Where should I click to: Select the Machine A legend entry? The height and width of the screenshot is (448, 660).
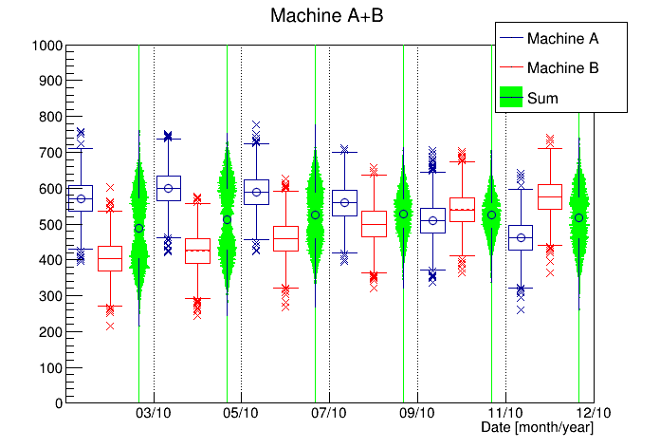tap(561, 39)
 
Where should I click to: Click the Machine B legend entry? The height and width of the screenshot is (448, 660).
tap(561, 68)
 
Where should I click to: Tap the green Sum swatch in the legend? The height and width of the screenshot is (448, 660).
tap(512, 97)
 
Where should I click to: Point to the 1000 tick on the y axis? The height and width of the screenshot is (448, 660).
tap(47, 46)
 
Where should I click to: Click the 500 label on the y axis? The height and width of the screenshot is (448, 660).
tap(51, 224)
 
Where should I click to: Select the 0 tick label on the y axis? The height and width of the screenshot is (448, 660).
tap(58, 403)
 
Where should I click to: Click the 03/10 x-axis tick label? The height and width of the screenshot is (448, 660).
tap(154, 414)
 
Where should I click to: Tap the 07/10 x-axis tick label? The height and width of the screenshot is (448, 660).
tap(329, 414)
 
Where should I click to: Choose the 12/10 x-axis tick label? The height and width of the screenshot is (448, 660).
tap(593, 414)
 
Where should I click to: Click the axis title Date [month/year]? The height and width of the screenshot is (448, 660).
tap(537, 428)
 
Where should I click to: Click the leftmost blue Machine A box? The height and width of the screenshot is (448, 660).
tap(81, 197)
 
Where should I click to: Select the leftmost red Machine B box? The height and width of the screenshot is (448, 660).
tap(110, 257)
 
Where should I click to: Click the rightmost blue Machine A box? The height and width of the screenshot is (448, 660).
tap(521, 237)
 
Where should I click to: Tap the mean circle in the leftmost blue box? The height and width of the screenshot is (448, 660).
tap(81, 199)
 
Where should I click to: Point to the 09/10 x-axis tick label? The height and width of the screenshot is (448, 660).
tap(417, 414)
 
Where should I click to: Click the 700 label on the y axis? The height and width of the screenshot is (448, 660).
tap(51, 153)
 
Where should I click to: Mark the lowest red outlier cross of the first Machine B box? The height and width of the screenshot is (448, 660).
tap(110, 326)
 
